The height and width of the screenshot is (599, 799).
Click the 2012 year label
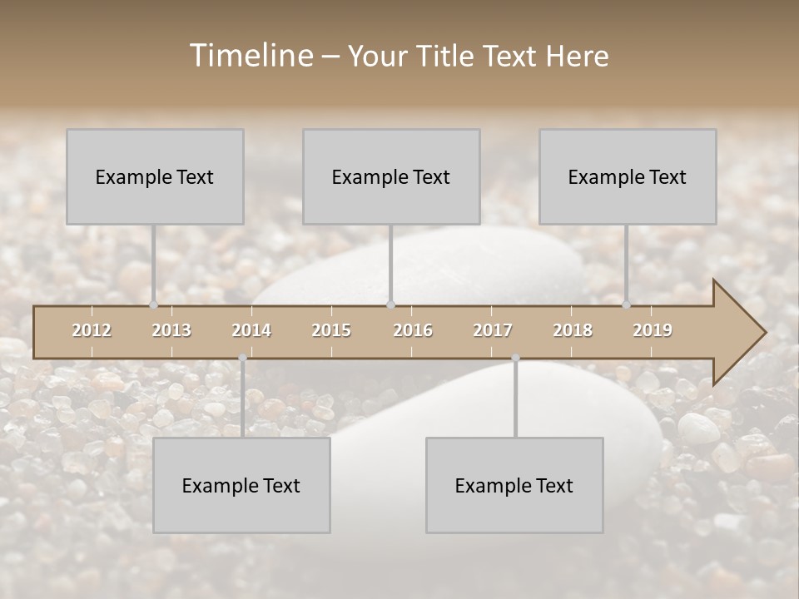coord(92,330)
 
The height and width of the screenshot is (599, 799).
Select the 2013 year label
coord(171,330)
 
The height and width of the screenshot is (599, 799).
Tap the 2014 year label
coord(251,330)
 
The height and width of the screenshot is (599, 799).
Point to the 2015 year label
coord(331,330)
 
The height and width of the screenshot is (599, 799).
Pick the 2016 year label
coord(413,330)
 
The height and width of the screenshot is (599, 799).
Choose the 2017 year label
coord(493,330)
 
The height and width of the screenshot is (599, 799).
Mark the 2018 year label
coord(573,330)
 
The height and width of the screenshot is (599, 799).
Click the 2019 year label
coord(653,330)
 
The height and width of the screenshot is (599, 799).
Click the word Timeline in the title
coord(251,56)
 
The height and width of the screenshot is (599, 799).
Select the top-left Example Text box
coord(155,176)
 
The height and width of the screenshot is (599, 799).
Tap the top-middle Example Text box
coord(391,176)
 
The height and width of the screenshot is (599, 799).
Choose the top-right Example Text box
coord(628,176)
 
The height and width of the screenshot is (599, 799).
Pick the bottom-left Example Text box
coord(241,485)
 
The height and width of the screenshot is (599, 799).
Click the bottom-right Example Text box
coord(514,485)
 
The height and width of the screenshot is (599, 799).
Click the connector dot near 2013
coord(153,304)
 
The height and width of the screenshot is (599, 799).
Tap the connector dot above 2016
coord(391,304)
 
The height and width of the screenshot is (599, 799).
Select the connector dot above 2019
coord(627,304)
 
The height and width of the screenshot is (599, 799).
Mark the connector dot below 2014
coord(242,358)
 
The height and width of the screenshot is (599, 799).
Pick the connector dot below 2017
coord(515,358)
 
